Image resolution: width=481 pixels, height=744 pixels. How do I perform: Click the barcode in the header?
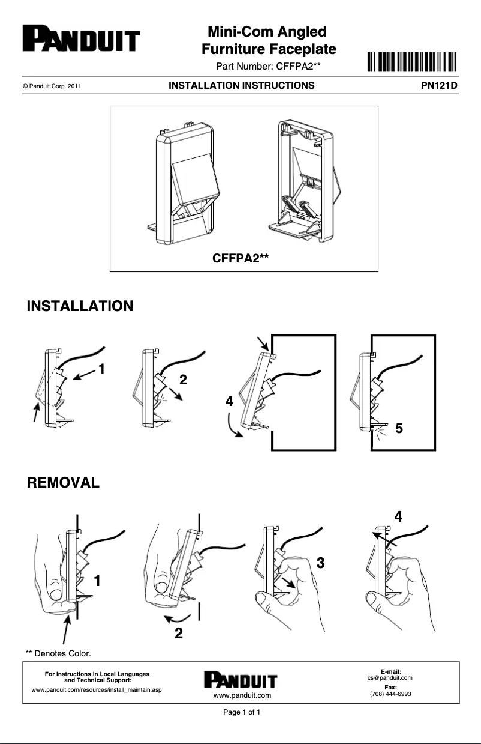coord(411,62)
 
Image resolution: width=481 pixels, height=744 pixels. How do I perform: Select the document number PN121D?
coord(439,86)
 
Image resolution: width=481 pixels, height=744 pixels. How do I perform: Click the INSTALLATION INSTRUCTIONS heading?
coord(241,86)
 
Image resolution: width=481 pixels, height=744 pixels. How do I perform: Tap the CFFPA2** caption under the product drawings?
coord(240,258)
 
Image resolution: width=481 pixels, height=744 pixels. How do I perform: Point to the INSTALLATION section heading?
coord(80,306)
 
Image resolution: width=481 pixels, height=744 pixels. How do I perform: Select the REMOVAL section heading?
coord(63,482)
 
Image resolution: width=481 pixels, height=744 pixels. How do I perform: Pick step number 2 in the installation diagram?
coord(183,379)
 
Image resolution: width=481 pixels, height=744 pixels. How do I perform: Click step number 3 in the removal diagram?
coord(320,563)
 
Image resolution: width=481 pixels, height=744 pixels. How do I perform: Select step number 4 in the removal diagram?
coord(398,516)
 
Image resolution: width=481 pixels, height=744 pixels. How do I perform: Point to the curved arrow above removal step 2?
coord(178,618)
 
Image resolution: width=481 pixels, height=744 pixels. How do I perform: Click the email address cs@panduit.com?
coord(390,677)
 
